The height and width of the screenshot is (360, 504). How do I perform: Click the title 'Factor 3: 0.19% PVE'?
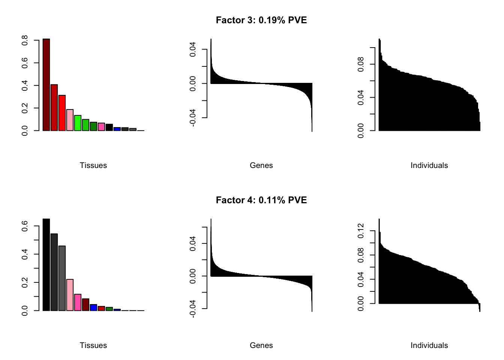coord(261,20)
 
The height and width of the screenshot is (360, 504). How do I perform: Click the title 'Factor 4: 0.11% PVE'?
coord(261,200)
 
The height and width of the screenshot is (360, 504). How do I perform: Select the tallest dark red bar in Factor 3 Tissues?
coord(46,85)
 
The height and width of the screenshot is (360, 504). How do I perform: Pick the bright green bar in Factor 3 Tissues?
coord(78,123)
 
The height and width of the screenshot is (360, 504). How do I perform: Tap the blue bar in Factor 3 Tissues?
coord(117,129)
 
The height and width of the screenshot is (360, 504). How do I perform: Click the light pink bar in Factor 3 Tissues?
coord(70,120)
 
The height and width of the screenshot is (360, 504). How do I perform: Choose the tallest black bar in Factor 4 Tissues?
coord(46,265)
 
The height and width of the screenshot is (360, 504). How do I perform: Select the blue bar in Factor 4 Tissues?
coord(93,307)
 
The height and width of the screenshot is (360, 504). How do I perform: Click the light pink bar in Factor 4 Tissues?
coord(70,295)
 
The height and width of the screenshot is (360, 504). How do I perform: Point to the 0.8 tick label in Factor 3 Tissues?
coord(25,40)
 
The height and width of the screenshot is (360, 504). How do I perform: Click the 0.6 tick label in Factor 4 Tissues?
coord(25,226)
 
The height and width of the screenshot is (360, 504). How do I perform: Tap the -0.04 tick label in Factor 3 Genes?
coord(193,118)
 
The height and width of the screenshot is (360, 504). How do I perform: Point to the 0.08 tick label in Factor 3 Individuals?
coord(361,64)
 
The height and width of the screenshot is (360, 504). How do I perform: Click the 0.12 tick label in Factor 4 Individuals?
coord(361,231)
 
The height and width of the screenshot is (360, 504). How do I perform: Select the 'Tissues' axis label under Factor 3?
coord(93,165)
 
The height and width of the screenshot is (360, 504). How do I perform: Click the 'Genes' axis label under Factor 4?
coord(261,345)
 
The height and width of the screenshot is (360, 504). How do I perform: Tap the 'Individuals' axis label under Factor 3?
coord(429,165)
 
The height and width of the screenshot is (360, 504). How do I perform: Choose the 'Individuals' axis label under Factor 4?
coord(429,345)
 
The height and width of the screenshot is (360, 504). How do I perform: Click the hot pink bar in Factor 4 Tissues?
coord(78,302)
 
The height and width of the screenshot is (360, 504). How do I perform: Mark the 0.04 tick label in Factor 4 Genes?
coord(193,243)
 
